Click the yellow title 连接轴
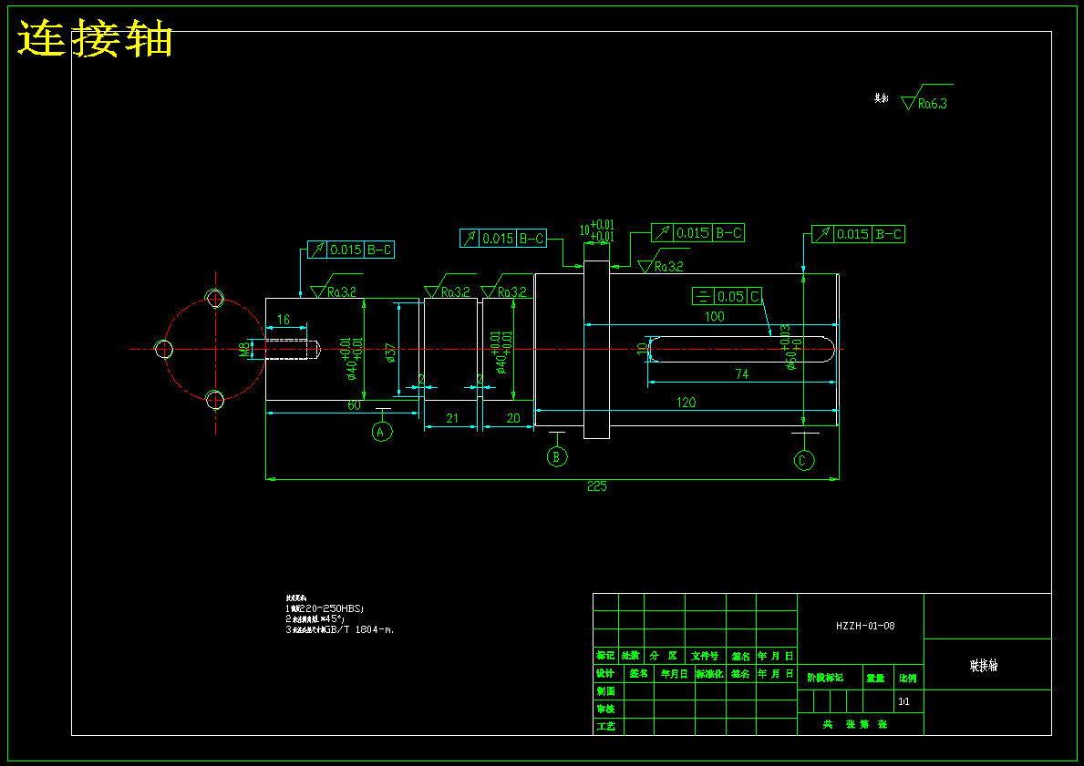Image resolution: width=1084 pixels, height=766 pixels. pos(96,40)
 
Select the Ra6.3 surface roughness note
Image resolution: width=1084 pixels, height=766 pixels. pos(932,104)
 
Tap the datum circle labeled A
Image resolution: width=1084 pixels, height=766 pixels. pos(382,431)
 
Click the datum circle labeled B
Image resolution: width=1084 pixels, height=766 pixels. pos(558,456)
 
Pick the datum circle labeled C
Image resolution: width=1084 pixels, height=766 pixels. pos(803,461)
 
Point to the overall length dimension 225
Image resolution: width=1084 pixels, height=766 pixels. pos(596,486)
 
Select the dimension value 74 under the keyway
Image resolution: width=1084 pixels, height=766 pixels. pos(741,373)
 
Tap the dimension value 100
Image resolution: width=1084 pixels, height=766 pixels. pos(714,317)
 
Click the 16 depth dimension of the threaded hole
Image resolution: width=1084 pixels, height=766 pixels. pos(284,320)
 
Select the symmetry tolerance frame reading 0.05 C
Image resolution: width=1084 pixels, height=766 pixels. pos(727,296)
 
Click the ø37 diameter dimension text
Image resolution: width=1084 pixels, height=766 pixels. pos(391,352)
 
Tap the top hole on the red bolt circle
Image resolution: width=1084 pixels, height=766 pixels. pos(215,298)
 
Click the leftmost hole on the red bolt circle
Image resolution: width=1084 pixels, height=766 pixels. pos(164,349)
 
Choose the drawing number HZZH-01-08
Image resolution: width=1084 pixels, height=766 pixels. pos(865,626)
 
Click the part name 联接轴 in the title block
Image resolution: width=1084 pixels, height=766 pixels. pos(984,666)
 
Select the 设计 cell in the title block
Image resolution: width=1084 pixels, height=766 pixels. pos(604,674)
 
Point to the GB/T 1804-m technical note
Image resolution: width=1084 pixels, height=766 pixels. pos(342,628)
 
